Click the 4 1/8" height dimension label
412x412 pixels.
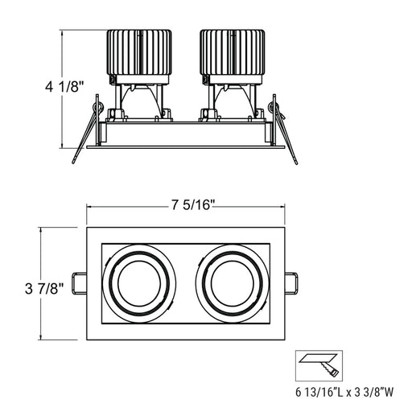pyautogui.click(x=64, y=87)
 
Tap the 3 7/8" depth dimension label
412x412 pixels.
pyautogui.click(x=44, y=289)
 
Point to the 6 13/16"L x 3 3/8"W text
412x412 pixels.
pyautogui.click(x=344, y=393)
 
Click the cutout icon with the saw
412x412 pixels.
pyautogui.click(x=319, y=365)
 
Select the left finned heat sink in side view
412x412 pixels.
pyautogui.click(x=139, y=52)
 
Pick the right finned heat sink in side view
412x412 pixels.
pyautogui.click(x=233, y=52)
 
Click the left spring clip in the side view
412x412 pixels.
pyautogui.click(x=87, y=129)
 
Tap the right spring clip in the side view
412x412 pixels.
pyautogui.click(x=284, y=129)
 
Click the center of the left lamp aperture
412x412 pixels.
pyautogui.click(x=139, y=283)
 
